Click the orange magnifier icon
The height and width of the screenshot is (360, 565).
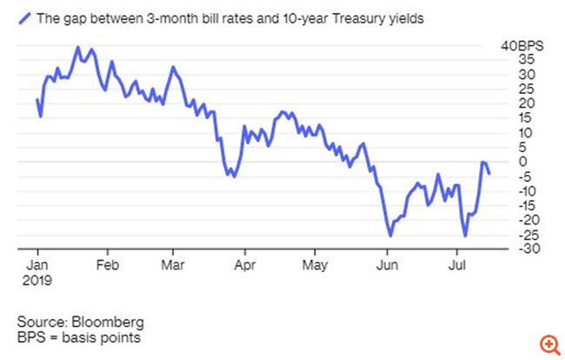tap(548, 344)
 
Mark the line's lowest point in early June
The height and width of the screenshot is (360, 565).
tap(390, 236)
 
